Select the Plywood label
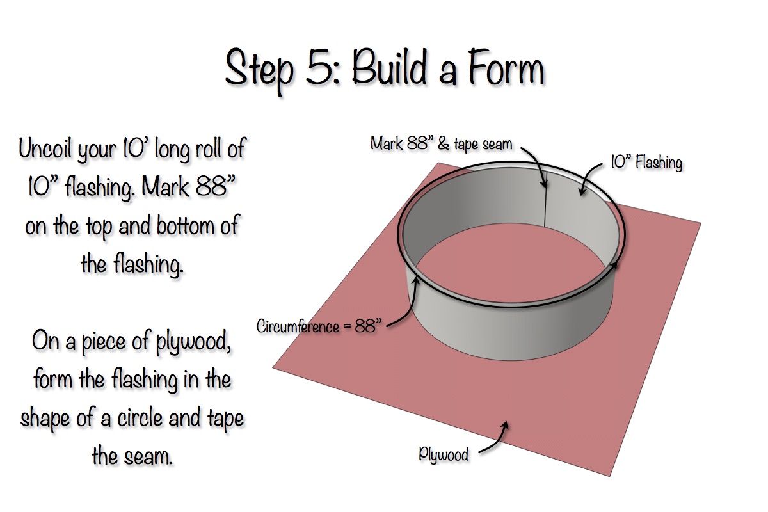click(444, 455)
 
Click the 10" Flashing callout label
click(646, 163)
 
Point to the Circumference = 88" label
click(319, 326)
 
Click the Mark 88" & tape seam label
click(442, 143)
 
